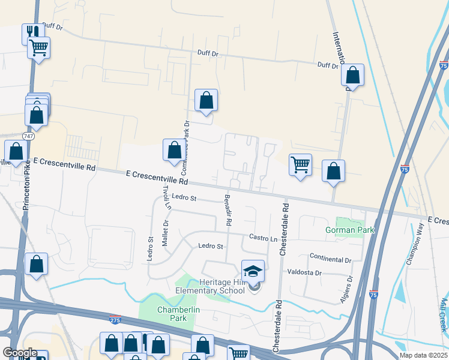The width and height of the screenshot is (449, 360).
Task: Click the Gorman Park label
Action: pos(349,230)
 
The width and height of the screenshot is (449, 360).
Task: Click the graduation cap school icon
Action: pos(253,271)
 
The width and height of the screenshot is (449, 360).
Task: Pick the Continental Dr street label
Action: pos(330,259)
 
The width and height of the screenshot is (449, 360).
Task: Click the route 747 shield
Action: pos(28,137)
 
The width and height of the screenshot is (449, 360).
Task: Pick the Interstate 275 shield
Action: pos(115,319)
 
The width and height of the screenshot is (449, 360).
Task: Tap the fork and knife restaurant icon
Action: pos(32,33)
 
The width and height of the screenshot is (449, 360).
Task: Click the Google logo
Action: pos(19,353)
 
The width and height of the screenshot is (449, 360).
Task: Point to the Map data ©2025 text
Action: pos(423,355)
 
